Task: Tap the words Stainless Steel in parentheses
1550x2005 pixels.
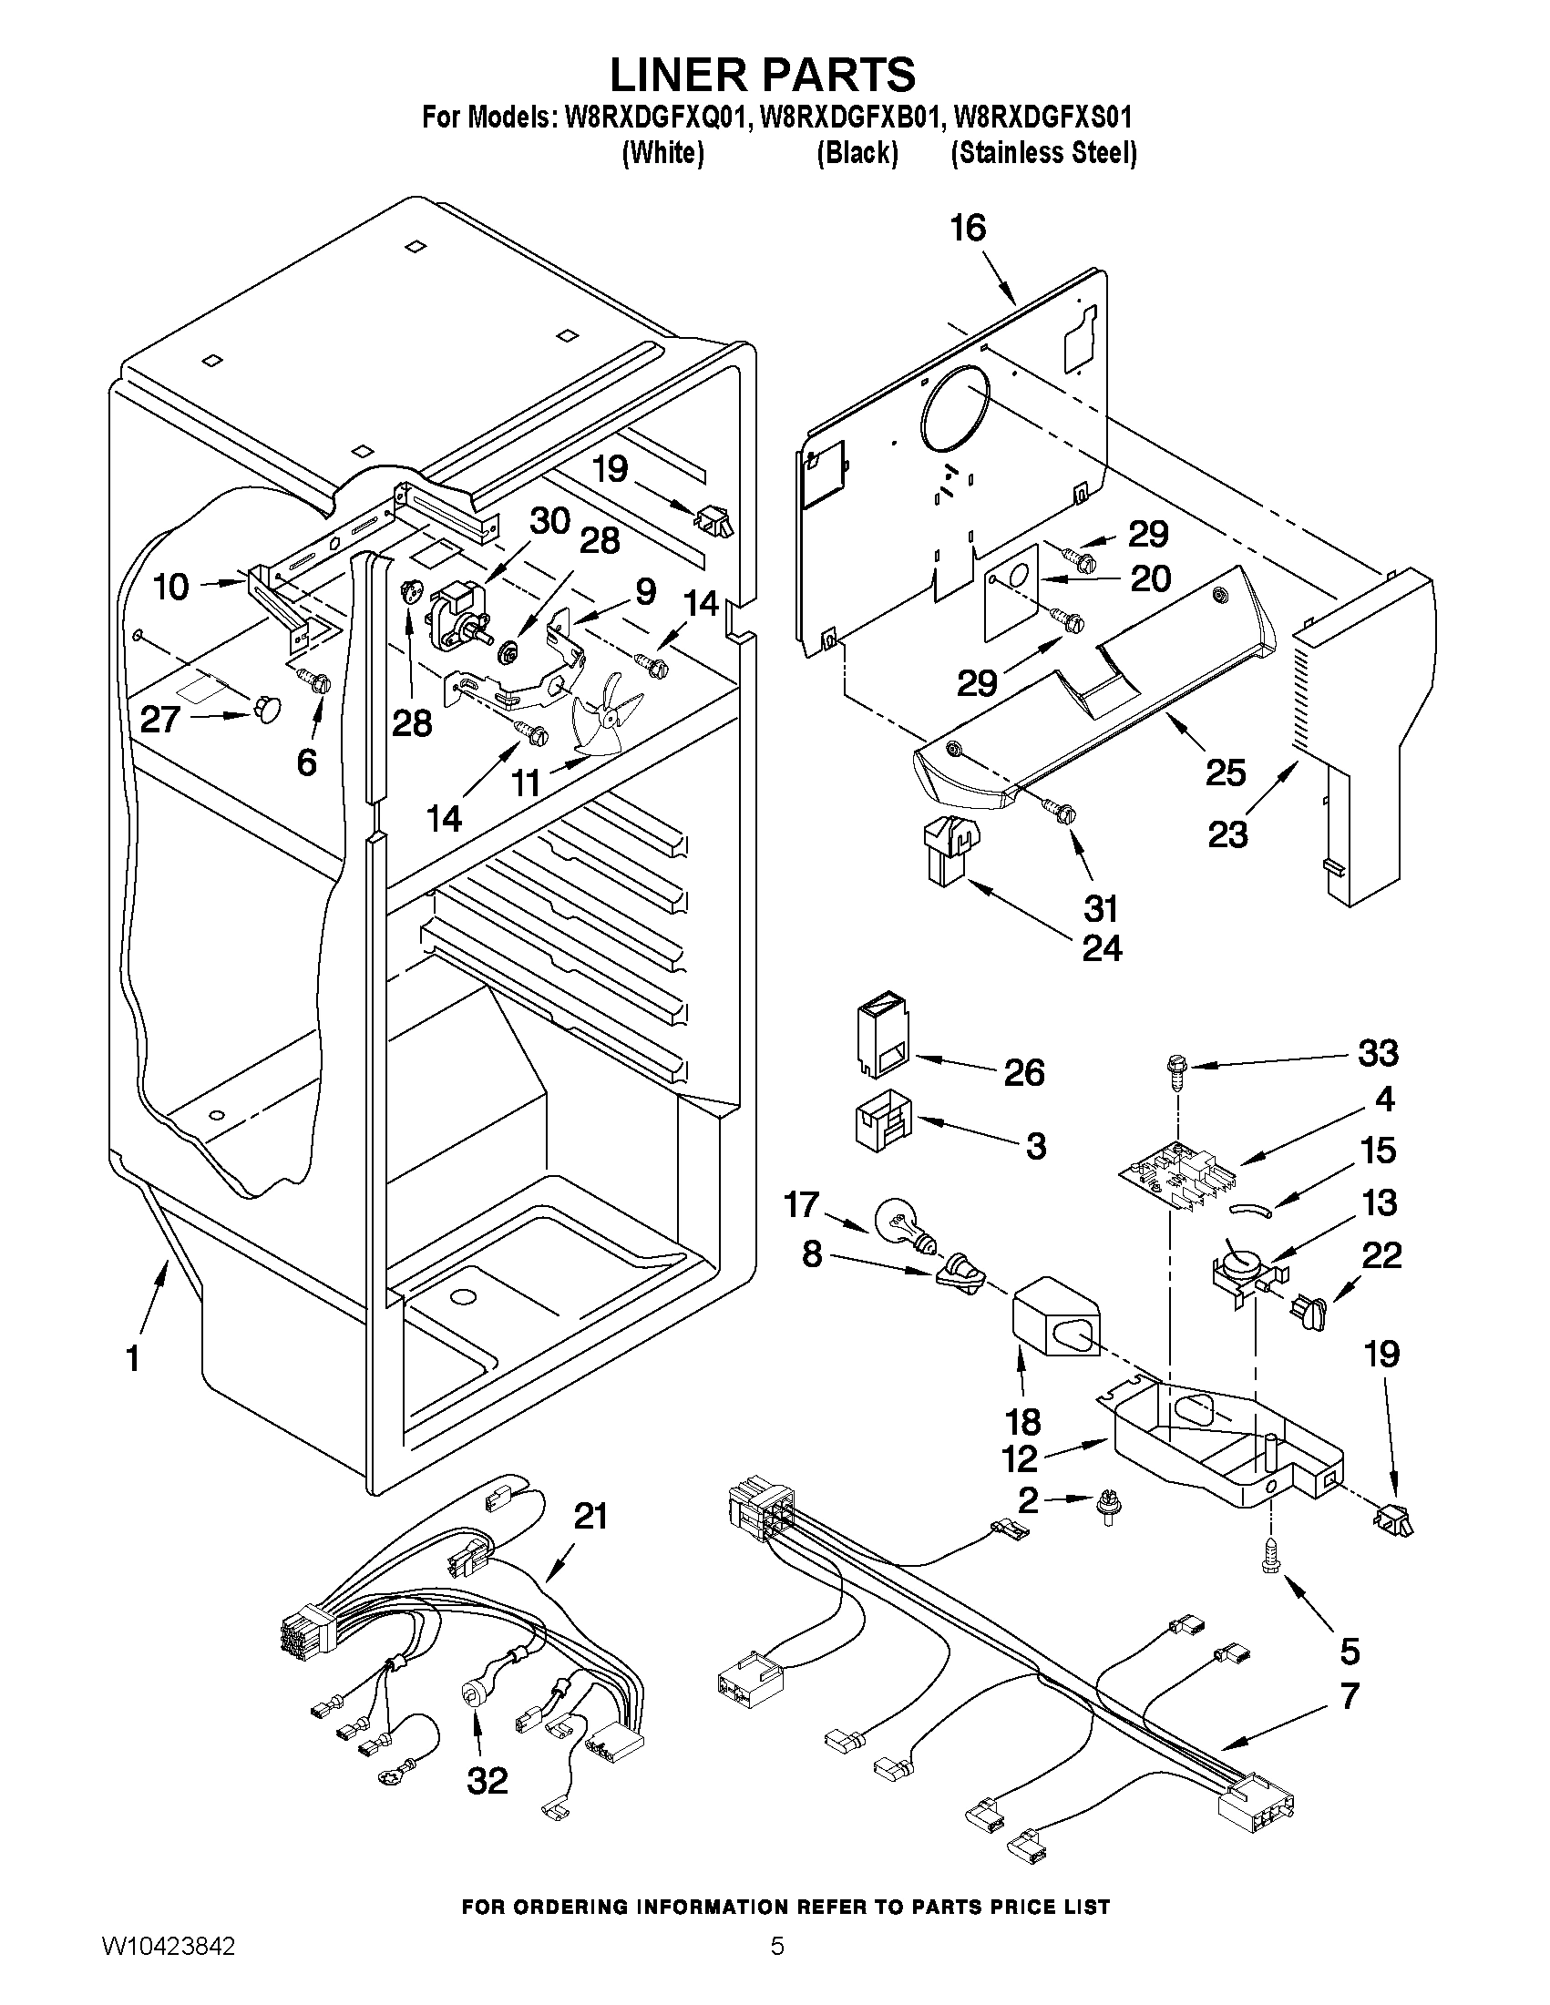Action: (x=1043, y=152)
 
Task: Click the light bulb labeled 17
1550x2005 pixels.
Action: (x=903, y=1224)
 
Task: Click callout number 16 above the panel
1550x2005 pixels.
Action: (x=968, y=228)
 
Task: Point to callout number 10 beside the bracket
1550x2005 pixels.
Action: (x=170, y=587)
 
